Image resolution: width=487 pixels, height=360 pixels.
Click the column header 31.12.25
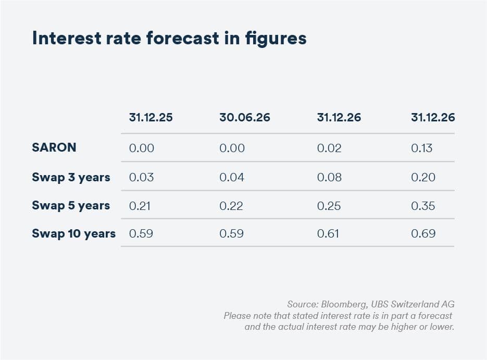coord(151,117)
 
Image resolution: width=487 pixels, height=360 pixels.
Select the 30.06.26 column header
coord(245,117)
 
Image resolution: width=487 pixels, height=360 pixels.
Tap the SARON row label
coord(54,147)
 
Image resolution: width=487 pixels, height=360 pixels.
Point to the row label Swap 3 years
coord(71,177)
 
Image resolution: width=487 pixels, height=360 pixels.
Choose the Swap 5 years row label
coord(71,205)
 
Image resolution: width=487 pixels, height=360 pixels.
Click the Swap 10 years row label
coord(73,233)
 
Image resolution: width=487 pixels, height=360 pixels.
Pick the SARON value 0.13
coord(421,148)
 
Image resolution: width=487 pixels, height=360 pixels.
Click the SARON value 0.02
coord(329,148)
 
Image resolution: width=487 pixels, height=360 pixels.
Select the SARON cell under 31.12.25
coord(141,148)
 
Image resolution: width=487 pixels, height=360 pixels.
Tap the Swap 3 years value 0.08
coord(329,177)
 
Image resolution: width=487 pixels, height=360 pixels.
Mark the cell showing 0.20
coord(423,177)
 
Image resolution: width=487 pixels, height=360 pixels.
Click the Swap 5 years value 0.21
coord(140,206)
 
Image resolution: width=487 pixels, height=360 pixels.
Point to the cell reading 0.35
coord(423,206)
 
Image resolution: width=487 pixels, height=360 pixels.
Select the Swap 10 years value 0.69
coord(423,233)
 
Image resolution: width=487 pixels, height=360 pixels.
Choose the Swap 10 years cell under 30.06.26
coord(231,233)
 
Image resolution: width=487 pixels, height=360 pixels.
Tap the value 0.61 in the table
coord(328,233)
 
